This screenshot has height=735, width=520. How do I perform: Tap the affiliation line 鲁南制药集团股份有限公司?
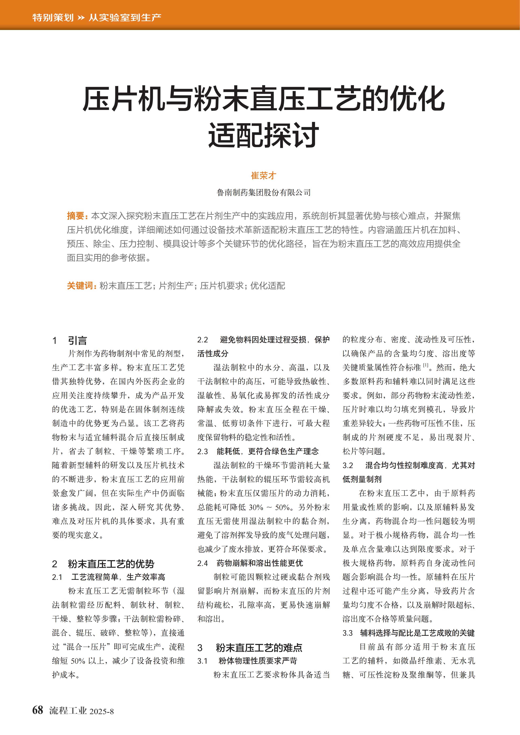pos(263,192)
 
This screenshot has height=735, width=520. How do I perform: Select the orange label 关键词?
pos(80,286)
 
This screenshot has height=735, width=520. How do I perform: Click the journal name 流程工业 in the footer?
pos(68,711)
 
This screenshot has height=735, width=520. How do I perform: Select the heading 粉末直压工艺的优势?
pos(111,564)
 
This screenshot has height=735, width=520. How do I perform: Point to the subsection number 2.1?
pos(57,577)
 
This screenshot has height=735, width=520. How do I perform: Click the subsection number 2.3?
pos(202,451)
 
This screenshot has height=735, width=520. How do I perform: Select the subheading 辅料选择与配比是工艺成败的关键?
pos(417,633)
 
